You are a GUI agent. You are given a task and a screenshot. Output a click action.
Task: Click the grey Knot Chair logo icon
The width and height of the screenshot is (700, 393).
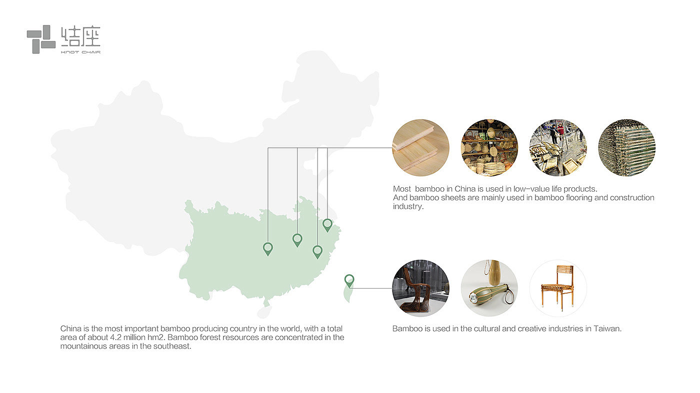[41, 39]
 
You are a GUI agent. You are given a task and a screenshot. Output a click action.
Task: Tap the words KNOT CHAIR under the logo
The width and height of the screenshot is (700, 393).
[80, 51]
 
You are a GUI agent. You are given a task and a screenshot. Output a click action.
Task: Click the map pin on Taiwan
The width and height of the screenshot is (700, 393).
[349, 280]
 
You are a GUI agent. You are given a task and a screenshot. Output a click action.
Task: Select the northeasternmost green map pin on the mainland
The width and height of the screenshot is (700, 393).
[327, 224]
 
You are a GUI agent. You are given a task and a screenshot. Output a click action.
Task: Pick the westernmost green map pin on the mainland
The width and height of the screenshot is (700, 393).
[268, 248]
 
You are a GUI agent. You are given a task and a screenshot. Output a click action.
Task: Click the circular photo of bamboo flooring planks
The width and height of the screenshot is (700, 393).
[420, 147]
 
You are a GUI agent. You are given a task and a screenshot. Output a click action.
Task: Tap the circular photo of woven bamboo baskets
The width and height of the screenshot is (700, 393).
[489, 147]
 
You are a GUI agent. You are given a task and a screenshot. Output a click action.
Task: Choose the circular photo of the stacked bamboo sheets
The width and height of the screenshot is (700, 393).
[626, 147]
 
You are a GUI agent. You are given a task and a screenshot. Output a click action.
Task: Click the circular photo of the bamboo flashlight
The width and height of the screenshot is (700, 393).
[489, 288]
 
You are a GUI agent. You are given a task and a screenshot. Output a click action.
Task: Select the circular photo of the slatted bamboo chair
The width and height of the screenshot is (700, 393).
[558, 288]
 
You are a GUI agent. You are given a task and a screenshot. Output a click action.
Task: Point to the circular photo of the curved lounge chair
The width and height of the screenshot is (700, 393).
[420, 288]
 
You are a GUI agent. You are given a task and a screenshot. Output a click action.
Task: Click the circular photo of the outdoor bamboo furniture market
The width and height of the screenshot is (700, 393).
[558, 147]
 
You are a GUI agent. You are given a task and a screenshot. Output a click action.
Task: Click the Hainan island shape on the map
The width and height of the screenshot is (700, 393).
[262, 312]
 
